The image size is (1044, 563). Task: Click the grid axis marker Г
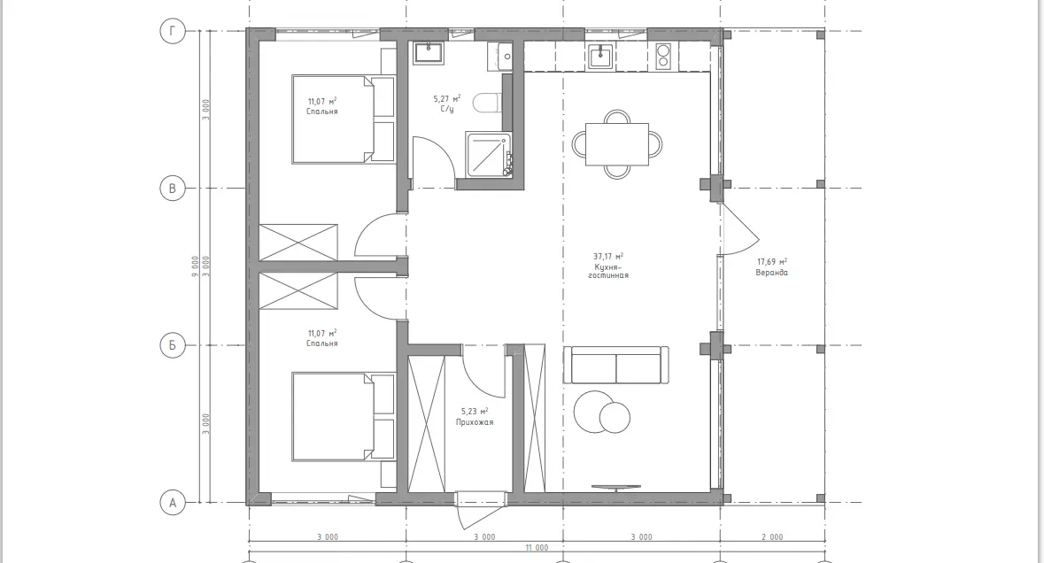tap(173, 31)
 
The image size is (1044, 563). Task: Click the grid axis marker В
tap(173, 189)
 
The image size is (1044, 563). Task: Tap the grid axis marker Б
tap(173, 345)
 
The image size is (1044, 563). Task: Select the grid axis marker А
tap(173, 503)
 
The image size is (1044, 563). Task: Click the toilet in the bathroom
tap(487, 104)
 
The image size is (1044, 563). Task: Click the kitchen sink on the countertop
tap(602, 56)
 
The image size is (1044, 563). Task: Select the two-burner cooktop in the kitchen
tap(663, 56)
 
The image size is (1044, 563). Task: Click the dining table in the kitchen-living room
tap(617, 144)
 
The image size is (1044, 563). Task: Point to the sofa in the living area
tap(616, 365)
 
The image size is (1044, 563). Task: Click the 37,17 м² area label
tap(608, 256)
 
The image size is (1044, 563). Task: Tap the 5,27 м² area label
tap(447, 99)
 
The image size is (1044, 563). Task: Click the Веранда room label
tap(771, 273)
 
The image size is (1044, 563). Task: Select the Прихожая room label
tap(475, 422)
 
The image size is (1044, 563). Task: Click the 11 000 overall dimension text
tap(537, 548)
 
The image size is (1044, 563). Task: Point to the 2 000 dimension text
tap(772, 536)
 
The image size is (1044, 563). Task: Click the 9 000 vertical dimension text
tap(195, 266)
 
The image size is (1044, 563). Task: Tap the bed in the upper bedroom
tap(343, 120)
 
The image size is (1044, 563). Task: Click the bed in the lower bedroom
tap(343, 417)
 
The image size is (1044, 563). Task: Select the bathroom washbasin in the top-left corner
tap(428, 53)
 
